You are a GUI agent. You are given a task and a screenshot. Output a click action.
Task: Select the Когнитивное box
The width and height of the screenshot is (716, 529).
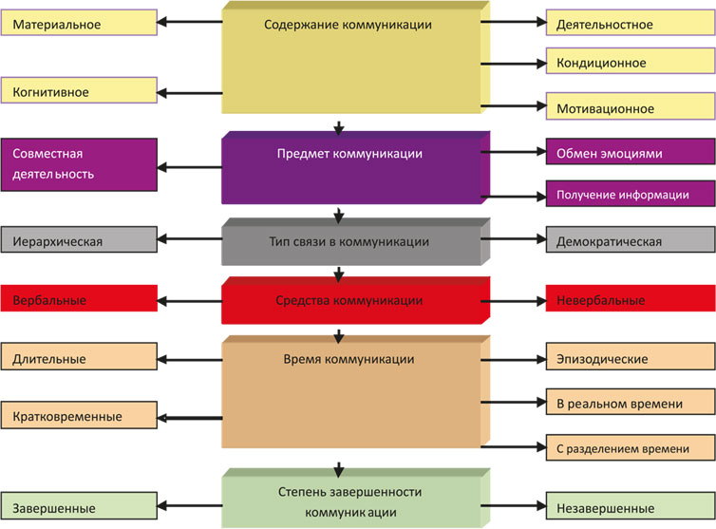tap(80, 92)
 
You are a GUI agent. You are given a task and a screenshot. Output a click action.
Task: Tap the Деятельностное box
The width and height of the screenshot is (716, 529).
tap(630, 24)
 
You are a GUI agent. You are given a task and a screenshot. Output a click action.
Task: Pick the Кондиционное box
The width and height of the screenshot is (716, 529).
tap(630, 63)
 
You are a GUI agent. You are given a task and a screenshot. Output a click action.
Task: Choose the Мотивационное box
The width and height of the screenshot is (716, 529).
tap(630, 108)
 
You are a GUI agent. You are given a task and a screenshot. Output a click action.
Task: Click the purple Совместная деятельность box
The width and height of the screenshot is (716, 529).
tap(80, 164)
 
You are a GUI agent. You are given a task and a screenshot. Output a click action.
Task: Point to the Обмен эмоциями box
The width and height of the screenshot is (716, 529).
tap(630, 153)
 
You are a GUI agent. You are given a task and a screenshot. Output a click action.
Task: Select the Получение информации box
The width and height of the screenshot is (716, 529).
tap(630, 195)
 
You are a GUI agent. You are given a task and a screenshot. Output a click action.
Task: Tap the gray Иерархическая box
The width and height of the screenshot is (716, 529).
tap(80, 241)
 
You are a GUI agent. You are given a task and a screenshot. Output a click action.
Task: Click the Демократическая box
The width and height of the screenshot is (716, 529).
tap(630, 241)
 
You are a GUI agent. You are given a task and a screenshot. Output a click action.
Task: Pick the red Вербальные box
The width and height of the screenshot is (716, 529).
tap(80, 300)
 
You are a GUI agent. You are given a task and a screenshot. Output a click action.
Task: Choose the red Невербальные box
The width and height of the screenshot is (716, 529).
tap(630, 300)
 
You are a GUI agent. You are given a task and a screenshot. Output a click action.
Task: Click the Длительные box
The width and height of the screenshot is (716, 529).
tap(80, 359)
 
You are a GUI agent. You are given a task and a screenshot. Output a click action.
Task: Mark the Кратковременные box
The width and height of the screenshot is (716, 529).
tap(80, 416)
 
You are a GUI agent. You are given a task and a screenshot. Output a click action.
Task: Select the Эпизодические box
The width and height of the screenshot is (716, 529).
tap(630, 359)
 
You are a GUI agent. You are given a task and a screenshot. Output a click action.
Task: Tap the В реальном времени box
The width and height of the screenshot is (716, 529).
tap(630, 404)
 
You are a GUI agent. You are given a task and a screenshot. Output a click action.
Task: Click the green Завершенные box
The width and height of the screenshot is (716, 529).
tap(80, 507)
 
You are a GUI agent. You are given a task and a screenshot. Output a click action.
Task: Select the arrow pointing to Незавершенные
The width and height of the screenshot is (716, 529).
tap(512, 507)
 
